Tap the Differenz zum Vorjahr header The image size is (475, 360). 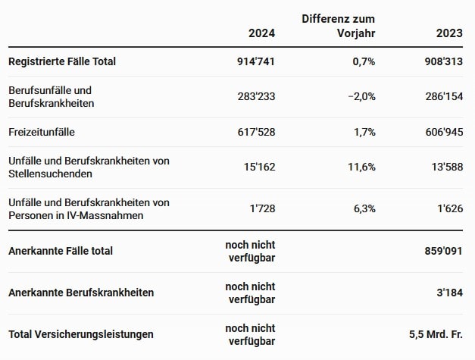pos(338,26)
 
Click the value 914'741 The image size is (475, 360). pos(255,61)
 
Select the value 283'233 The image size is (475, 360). pos(255,96)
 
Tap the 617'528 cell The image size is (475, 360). pos(255,132)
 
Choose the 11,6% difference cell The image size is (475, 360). pos(358,167)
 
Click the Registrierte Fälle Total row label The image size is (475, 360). pos(62,61)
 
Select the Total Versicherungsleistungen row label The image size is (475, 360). pos(81,333)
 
